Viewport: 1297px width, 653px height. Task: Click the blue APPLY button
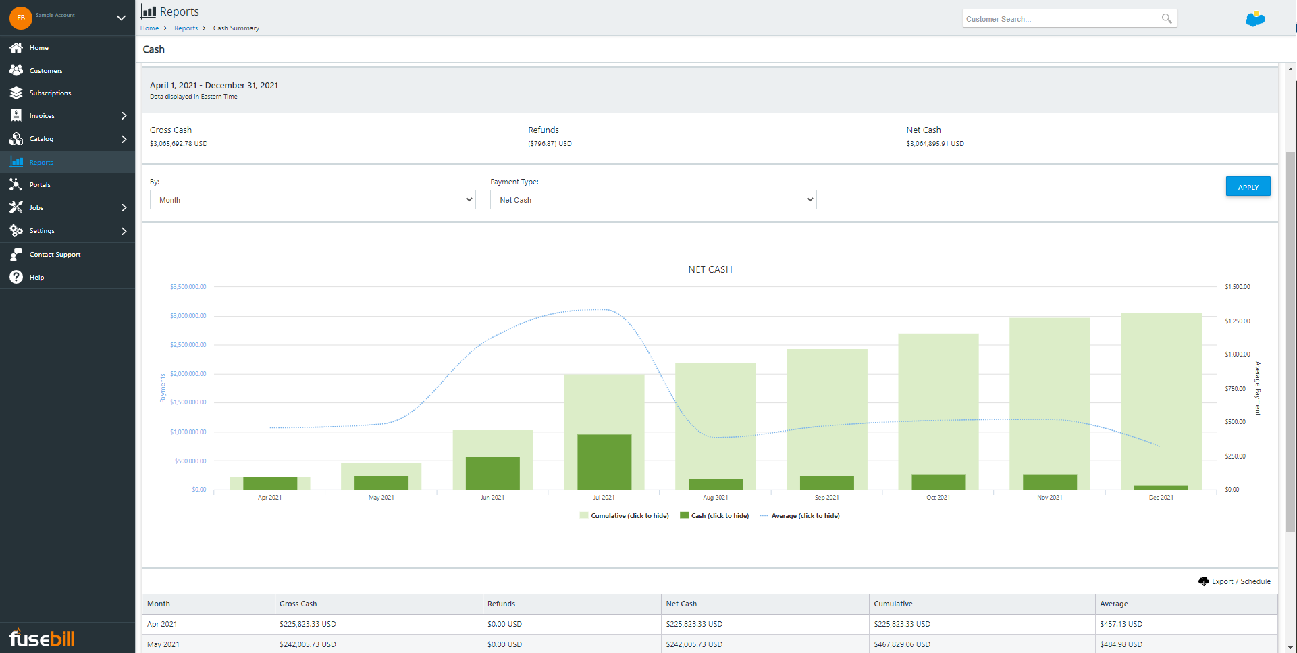1247,186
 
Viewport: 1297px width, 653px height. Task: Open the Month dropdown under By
313,200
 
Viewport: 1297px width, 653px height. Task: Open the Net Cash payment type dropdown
653,200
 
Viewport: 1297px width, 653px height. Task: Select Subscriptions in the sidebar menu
50,93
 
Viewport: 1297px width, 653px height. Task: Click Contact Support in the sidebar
55,255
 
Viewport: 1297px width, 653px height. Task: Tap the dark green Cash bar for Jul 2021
604,462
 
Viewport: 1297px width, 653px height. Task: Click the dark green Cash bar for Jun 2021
493,473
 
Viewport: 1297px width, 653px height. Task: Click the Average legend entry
805,516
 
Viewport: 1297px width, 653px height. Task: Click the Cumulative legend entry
629,516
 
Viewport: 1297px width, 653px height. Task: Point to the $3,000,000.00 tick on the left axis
188,316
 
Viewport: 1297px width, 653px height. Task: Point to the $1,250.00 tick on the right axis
1237,321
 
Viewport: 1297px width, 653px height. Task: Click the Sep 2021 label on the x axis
826,498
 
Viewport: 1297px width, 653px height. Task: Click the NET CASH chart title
710,269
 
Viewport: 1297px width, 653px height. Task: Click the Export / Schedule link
1240,581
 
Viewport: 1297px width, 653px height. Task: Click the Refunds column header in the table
501,604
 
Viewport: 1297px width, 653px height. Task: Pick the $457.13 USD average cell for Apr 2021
1121,624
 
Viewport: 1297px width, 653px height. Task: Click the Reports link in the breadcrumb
186,28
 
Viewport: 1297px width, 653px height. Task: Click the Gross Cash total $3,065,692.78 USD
178,144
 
